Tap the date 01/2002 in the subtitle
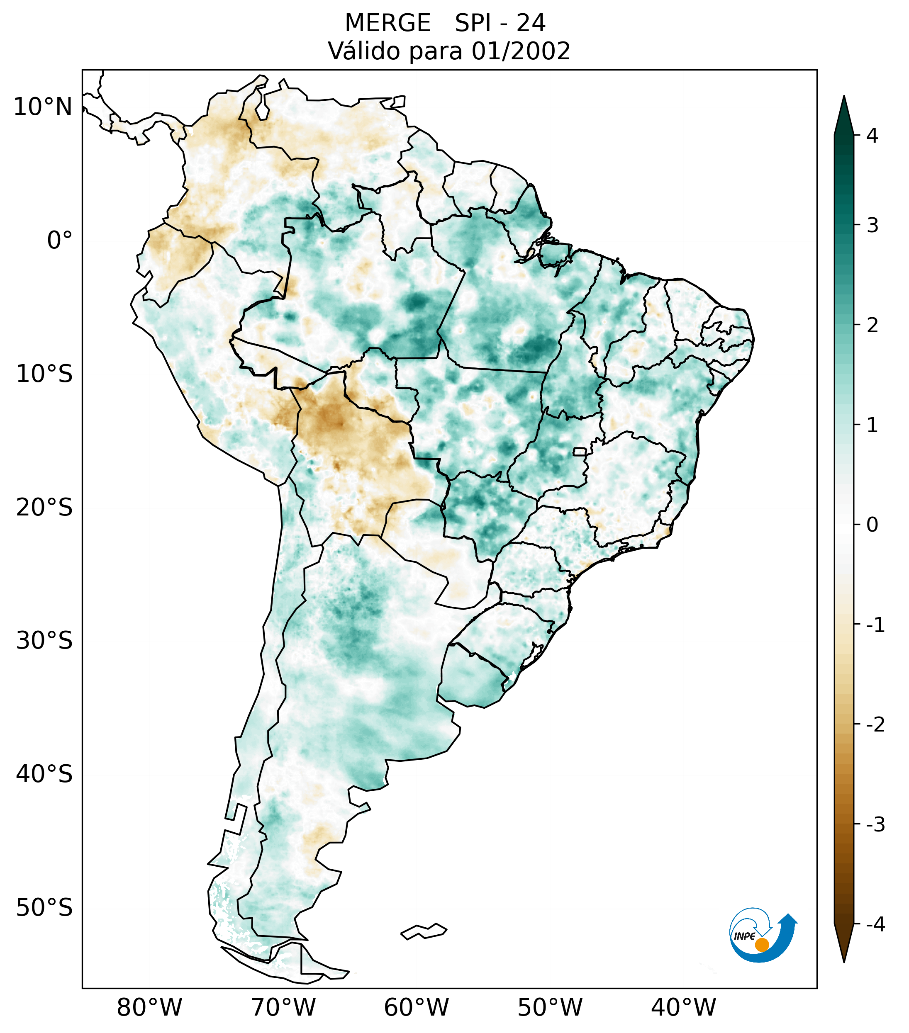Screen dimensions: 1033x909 (521, 51)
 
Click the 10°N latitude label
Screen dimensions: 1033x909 (43, 107)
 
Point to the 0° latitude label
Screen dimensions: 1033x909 (59, 241)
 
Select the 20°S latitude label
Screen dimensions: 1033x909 (44, 508)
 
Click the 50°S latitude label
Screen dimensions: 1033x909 (44, 908)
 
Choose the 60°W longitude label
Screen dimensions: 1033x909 (416, 1007)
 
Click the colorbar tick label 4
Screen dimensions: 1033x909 (872, 136)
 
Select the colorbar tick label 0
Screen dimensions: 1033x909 (872, 525)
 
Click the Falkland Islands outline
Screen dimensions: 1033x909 (424, 931)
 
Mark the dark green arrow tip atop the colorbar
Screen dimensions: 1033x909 (844, 114)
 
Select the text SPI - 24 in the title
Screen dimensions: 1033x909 (500, 23)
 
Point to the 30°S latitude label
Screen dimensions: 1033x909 (44, 641)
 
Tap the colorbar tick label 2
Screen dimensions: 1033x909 (872, 326)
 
